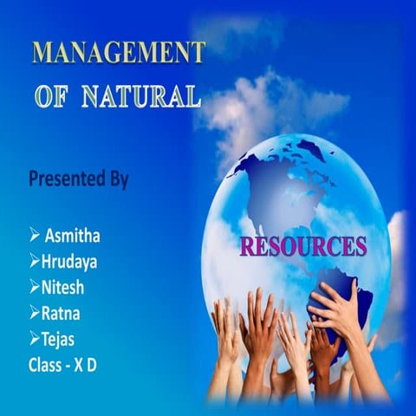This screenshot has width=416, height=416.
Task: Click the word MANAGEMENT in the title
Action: click(x=119, y=52)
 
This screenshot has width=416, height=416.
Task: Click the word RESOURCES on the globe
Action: click(x=302, y=246)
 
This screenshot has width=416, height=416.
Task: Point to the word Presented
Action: click(x=68, y=180)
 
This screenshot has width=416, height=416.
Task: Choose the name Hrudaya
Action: click(x=70, y=261)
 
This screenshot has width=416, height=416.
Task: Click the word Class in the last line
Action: click(x=45, y=365)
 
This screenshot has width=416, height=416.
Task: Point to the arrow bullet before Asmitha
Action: click(x=35, y=234)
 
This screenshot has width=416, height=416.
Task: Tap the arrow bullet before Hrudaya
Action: click(x=35, y=261)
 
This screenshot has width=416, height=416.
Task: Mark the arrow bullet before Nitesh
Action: click(x=35, y=287)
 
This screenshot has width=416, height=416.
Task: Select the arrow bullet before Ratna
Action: click(x=35, y=312)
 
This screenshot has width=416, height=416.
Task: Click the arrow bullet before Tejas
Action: click(x=35, y=338)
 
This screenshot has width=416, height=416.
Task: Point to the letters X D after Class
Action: click(x=87, y=365)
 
